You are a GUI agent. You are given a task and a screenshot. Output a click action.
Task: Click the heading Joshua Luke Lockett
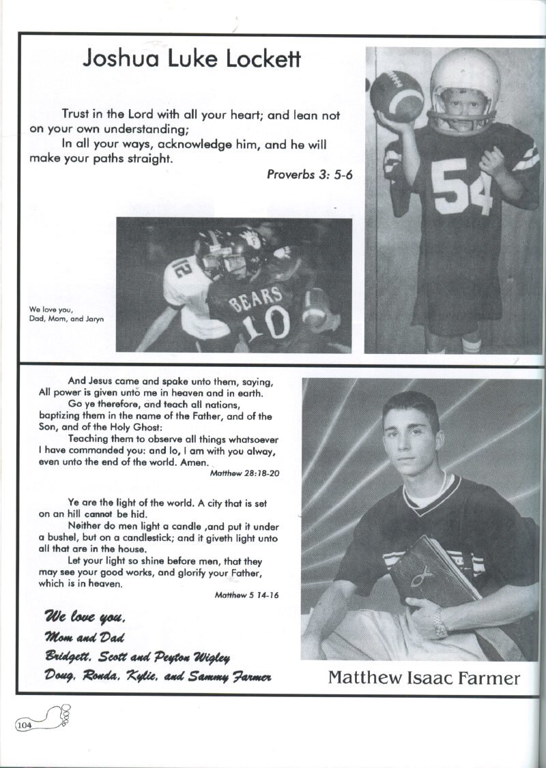click(192, 59)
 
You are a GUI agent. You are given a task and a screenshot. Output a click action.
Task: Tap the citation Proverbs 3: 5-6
click(309, 174)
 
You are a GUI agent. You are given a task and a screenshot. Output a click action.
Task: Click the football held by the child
click(397, 96)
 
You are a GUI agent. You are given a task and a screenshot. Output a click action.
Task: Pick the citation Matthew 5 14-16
click(246, 595)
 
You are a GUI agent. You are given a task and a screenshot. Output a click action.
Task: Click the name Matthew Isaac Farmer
click(424, 677)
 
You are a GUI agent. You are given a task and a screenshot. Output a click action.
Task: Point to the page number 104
click(25, 725)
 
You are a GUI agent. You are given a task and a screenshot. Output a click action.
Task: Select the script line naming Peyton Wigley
click(137, 657)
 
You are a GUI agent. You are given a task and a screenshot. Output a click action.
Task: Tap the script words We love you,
click(85, 618)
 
